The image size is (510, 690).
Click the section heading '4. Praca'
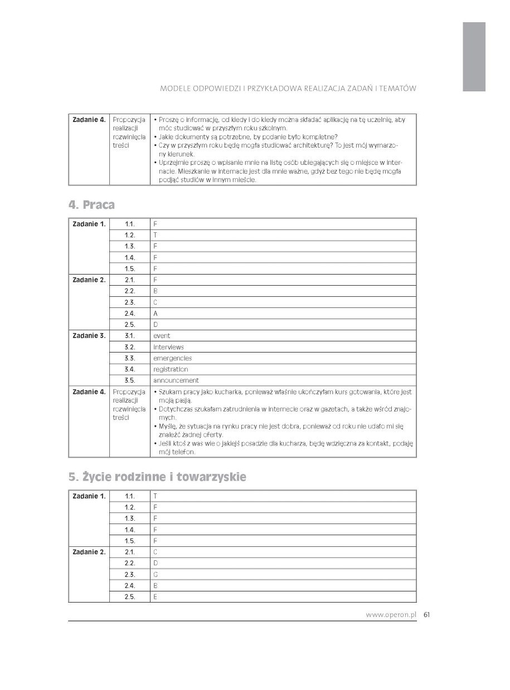[x=91, y=205]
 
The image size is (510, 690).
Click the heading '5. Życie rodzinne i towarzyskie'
[x=157, y=477]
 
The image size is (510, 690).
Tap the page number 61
[x=426, y=615]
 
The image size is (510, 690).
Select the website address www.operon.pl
[x=391, y=615]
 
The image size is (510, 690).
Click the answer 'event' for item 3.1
[x=162, y=336]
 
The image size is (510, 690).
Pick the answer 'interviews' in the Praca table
[x=168, y=347]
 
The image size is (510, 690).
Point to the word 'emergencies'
[x=172, y=358]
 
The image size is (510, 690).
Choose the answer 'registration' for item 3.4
[x=171, y=369]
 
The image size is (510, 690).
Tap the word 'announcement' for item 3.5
[x=176, y=380]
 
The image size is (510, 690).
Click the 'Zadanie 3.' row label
[x=89, y=336]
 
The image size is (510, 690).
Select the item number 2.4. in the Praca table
[x=130, y=314]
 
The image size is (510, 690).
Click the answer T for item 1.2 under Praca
[x=155, y=235]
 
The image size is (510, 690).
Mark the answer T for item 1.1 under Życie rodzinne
[x=155, y=496]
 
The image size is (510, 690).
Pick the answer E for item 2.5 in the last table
[x=155, y=597]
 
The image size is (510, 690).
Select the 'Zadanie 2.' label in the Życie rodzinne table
[x=89, y=552]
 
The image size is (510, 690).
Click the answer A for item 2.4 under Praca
[x=155, y=314]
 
